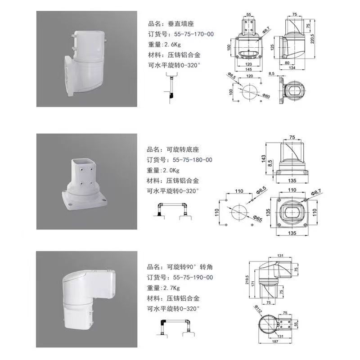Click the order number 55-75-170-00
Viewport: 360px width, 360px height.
pyautogui.click(x=194, y=34)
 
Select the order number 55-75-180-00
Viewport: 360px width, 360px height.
pyautogui.click(x=193, y=160)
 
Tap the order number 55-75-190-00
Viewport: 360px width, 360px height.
pyautogui.click(x=193, y=277)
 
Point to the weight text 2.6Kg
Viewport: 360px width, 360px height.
pyautogui.click(x=171, y=45)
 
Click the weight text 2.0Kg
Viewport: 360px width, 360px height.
pyautogui.click(x=170, y=171)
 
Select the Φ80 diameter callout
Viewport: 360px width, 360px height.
pyautogui.click(x=266, y=96)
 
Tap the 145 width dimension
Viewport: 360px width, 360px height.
pyautogui.click(x=249, y=69)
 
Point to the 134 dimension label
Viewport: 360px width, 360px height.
pyautogui.click(x=292, y=68)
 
